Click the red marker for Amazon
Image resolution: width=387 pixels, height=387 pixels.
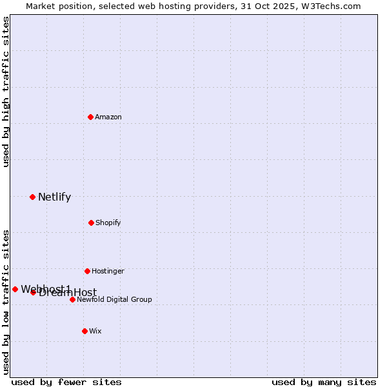(90, 117)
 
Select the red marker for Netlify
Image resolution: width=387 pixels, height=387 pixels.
(32, 197)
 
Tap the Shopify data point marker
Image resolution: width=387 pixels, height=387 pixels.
(91, 223)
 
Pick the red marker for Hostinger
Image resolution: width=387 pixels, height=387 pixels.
(87, 271)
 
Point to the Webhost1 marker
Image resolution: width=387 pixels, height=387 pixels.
(15, 289)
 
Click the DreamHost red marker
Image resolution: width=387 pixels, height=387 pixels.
(33, 292)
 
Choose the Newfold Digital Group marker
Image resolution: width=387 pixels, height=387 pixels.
(72, 299)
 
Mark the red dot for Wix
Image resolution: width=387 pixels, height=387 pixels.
(84, 331)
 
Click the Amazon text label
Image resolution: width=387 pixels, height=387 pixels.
(108, 117)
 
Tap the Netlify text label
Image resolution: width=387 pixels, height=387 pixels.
(54, 197)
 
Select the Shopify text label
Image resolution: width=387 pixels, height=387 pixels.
(108, 223)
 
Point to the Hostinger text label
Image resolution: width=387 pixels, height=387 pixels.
(108, 271)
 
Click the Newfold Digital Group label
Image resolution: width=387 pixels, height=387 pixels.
(115, 299)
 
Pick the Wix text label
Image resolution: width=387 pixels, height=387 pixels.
(95, 331)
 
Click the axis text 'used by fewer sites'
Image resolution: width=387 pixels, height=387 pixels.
(66, 382)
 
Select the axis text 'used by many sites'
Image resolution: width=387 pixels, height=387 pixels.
(324, 382)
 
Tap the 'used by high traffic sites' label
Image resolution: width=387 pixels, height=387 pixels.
(6, 92)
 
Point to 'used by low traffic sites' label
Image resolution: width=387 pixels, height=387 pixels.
(6, 302)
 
